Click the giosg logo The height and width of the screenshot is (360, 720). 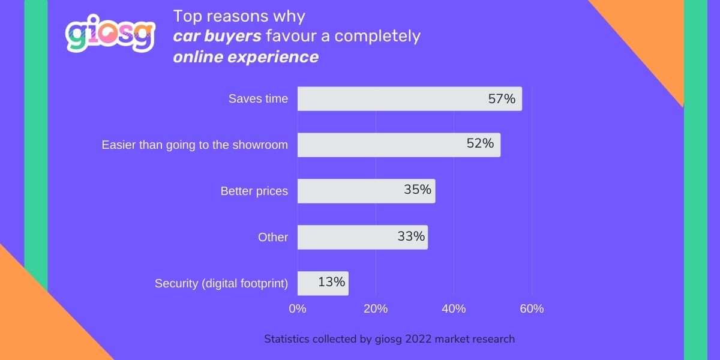coord(110,34)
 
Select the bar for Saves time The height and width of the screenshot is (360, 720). coord(409,99)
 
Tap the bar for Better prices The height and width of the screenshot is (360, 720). coord(366,191)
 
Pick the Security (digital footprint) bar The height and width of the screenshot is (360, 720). coord(323,283)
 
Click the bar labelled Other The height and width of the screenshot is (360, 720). coord(362,237)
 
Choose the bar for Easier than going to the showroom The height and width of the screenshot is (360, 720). coord(398,145)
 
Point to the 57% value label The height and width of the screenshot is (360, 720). coord(502,99)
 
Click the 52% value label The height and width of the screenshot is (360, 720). coord(480,143)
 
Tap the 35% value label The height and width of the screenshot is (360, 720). coord(418,190)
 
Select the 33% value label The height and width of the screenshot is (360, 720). coord(411,236)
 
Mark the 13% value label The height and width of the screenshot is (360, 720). coord(332,281)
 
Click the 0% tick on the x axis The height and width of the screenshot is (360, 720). coord(298,309)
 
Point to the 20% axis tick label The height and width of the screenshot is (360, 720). coord(376,309)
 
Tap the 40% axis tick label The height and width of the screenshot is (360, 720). coord(454,309)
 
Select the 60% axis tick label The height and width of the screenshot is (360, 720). coord(532,309)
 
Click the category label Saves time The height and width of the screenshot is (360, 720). coord(258,99)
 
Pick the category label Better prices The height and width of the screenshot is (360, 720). coord(254,191)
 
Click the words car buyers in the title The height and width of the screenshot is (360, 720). coord(217,36)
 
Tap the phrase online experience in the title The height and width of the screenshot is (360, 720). coord(246,57)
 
